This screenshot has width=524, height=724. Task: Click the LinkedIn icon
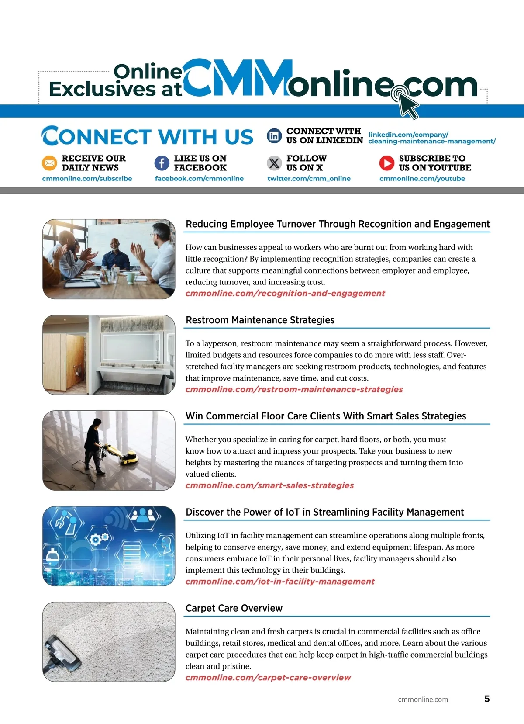274,136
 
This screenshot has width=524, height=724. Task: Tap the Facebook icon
162,163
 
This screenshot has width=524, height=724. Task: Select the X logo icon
274,163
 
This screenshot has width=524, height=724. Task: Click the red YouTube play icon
386,163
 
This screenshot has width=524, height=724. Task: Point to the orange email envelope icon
49,163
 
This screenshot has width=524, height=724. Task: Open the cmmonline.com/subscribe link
87,179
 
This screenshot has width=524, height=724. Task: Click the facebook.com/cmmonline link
199,179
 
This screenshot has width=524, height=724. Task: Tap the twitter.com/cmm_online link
309,179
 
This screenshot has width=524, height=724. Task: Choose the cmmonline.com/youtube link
422,179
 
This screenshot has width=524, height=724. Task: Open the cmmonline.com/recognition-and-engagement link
285,293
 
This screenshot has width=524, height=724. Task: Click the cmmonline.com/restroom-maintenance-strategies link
294,389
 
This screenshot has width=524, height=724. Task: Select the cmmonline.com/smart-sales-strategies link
269,485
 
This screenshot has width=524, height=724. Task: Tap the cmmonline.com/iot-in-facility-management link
280,582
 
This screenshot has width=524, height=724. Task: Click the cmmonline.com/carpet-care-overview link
268,678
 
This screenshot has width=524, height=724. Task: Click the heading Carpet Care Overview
234,608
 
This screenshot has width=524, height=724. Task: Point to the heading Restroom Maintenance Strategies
260,320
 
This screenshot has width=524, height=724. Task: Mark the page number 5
487,699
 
